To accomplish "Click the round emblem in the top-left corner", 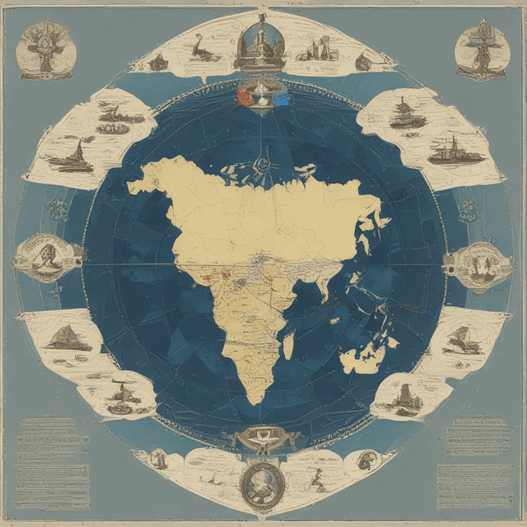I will click(46, 49).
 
